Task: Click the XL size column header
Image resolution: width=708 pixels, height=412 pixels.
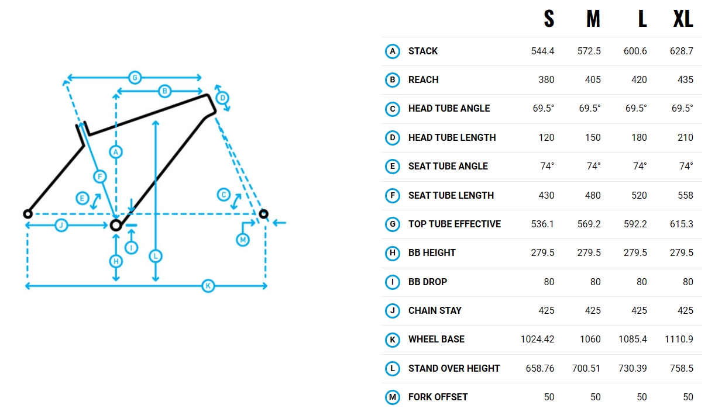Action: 683,19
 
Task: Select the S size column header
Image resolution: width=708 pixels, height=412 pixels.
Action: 549,19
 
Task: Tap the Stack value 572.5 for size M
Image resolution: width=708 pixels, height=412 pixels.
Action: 589,51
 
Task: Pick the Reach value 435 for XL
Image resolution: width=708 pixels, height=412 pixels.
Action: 685,80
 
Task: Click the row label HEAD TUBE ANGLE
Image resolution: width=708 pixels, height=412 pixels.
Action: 449,109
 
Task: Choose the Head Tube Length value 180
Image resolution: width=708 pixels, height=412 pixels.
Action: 639,138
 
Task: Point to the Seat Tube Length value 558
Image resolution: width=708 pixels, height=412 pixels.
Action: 685,195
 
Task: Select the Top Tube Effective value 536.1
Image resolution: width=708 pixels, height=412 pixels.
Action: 542,224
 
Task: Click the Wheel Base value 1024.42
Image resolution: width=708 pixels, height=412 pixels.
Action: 537,340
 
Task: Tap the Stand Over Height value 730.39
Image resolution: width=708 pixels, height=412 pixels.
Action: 633,368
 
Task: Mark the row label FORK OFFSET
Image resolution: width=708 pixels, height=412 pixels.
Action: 438,397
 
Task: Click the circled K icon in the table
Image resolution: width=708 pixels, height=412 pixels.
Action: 393,340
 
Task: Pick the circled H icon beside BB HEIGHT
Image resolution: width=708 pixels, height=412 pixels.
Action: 393,253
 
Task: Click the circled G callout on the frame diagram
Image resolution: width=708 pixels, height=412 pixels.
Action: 135,78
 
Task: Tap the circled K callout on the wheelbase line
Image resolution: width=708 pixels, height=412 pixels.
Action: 208,286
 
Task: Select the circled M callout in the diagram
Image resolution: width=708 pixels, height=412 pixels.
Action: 243,240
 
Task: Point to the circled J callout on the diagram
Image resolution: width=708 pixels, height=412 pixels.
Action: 61,225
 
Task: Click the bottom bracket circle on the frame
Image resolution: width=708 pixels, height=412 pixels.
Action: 116,226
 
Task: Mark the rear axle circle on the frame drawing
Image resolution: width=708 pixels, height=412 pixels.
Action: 28,214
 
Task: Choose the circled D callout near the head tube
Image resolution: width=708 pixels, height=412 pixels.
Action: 222,98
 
